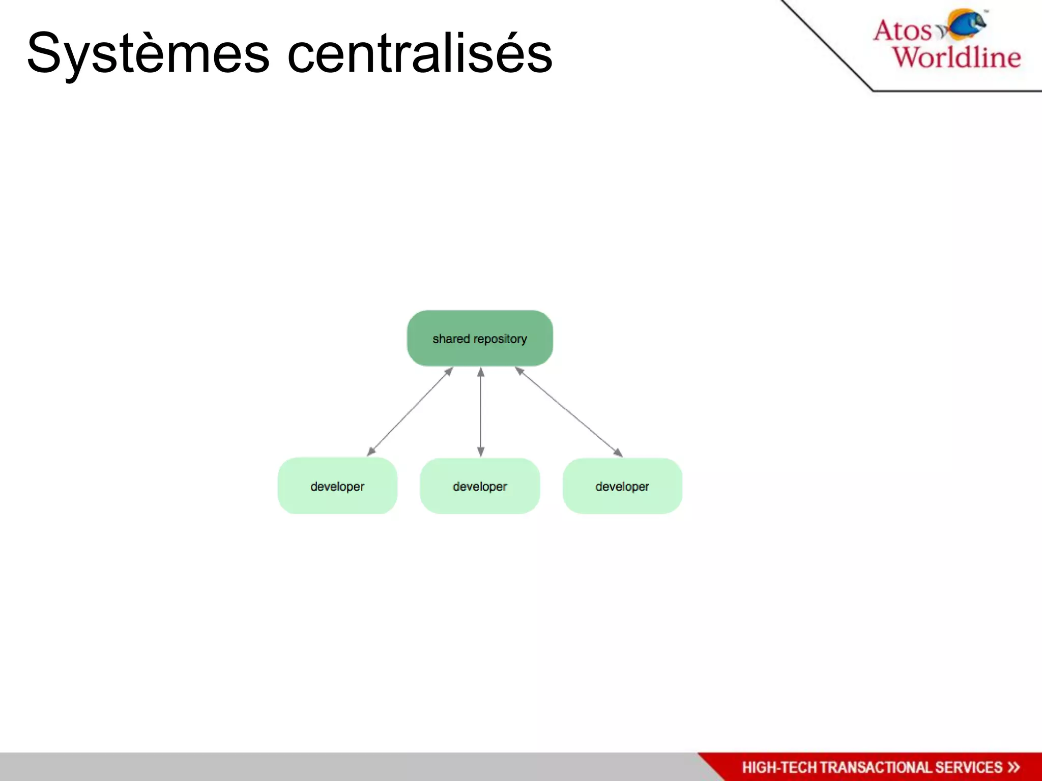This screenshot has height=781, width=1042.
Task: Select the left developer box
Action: tap(337, 486)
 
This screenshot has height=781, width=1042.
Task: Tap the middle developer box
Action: tap(479, 486)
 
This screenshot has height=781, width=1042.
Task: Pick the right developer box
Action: tap(622, 486)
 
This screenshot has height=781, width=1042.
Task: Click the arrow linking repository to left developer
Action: tap(410, 411)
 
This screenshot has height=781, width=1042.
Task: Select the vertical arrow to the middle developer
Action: tap(480, 412)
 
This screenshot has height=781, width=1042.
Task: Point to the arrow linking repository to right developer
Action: tap(568, 412)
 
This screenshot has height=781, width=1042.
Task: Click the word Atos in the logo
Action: tap(902, 31)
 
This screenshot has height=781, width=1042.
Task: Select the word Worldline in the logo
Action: tap(957, 56)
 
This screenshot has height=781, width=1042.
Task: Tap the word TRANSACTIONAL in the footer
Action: tap(875, 767)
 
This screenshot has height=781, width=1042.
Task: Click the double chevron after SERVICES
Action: tap(1014, 767)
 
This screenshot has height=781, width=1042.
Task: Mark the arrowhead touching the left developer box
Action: tap(371, 452)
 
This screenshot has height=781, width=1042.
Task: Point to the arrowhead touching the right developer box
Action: tap(618, 453)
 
